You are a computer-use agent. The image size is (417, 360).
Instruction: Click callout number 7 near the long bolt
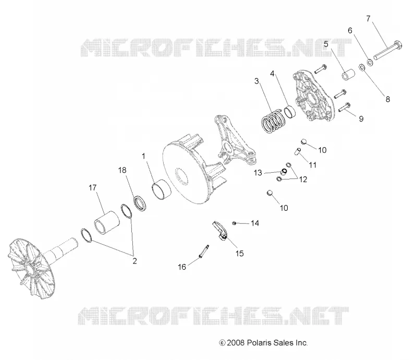point(369,19)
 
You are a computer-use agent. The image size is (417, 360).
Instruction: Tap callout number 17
point(93,188)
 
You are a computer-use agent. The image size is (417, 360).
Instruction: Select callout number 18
point(122,170)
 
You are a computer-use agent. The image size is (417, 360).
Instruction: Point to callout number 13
point(257,173)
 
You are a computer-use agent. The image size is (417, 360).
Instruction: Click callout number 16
point(182,267)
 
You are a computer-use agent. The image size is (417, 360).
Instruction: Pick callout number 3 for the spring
point(256,81)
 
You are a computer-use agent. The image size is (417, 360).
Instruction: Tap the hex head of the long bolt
point(398,45)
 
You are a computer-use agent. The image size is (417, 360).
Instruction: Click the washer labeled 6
point(370,62)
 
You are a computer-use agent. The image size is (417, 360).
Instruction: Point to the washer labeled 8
point(362,67)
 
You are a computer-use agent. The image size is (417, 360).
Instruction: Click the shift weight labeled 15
point(220,231)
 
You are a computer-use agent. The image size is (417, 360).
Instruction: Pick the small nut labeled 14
point(234,223)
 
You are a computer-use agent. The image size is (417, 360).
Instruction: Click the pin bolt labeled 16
point(204,251)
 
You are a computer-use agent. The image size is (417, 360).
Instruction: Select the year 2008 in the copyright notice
point(236,343)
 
